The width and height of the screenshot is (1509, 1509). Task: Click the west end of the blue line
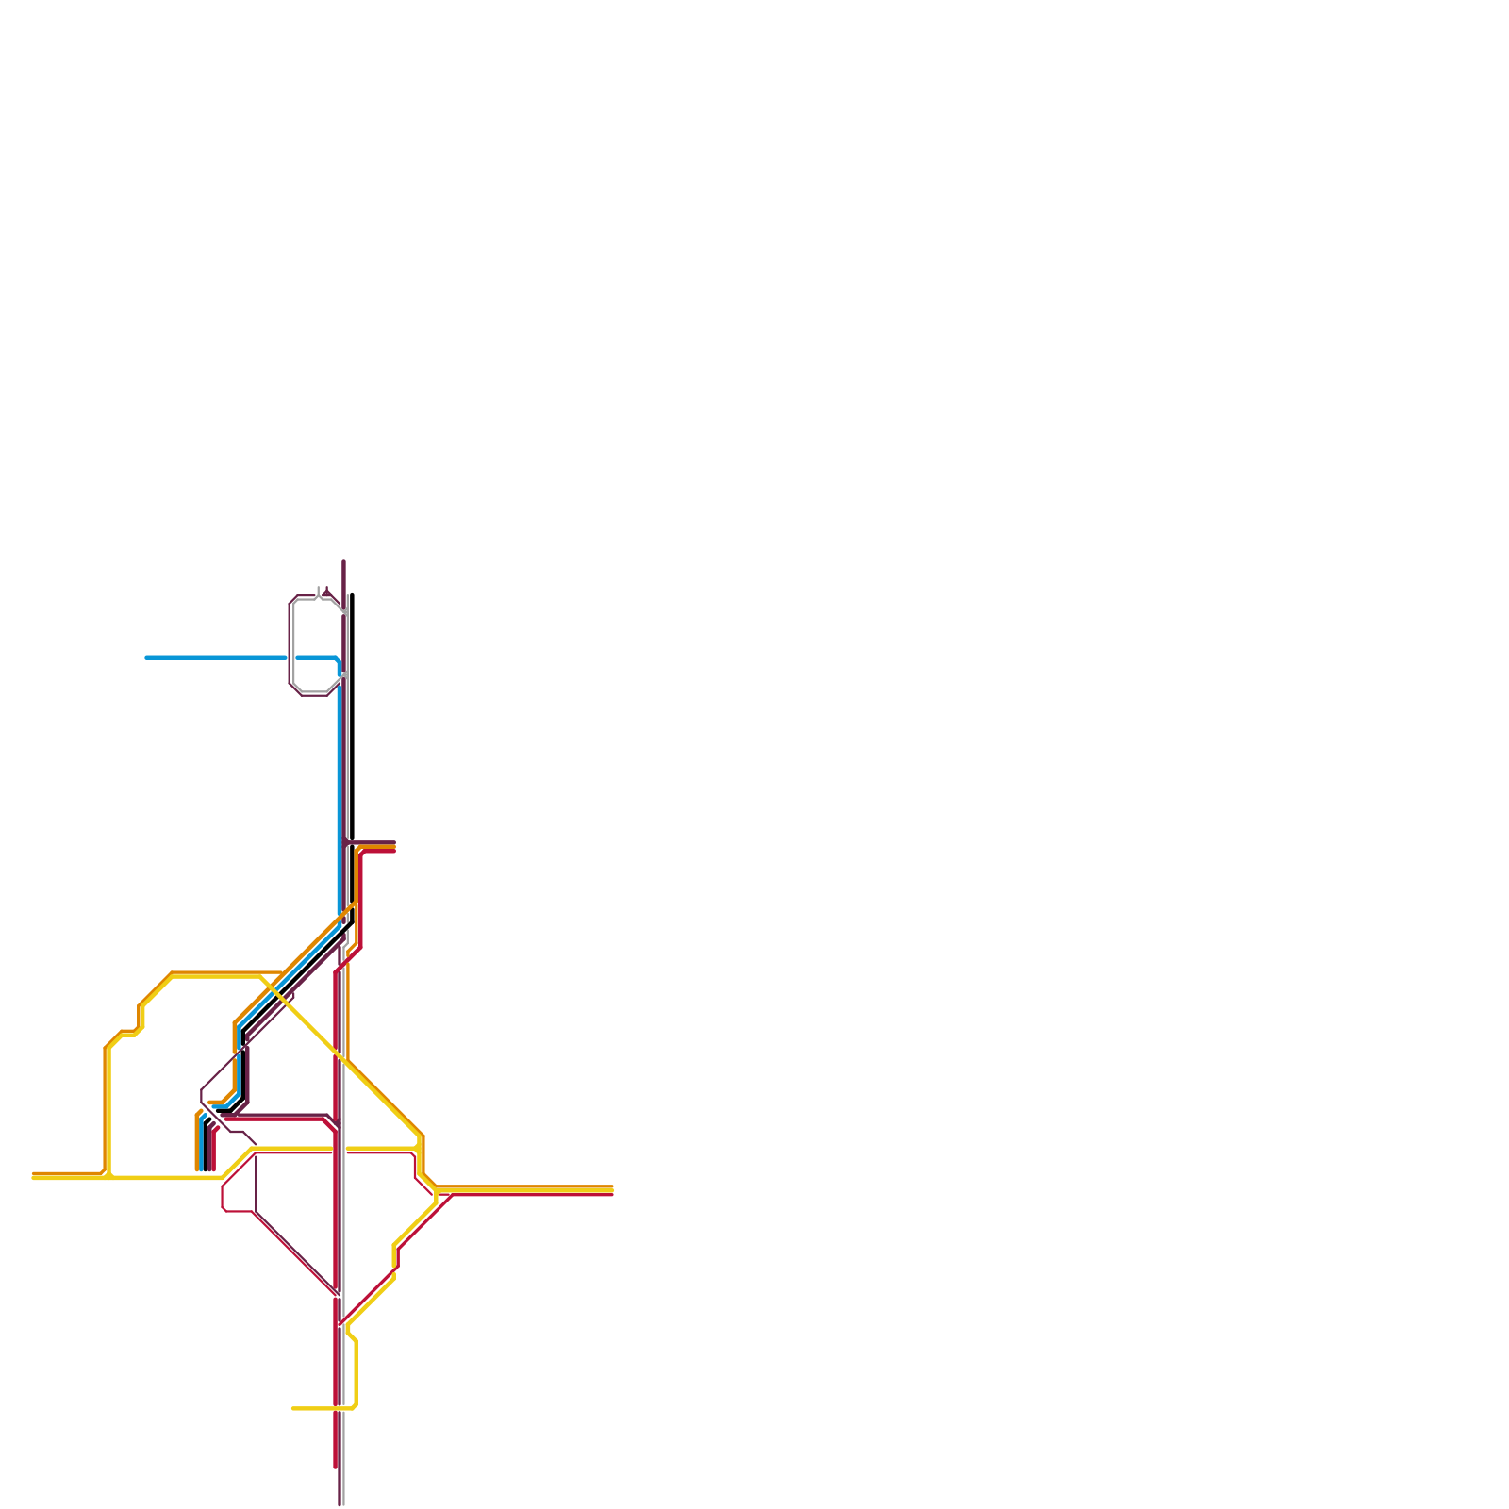pos(146,657)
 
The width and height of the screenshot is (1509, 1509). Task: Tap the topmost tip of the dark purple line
pos(343,562)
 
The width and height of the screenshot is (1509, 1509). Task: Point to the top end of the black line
pos(352,595)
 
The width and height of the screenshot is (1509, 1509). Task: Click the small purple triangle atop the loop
pos(326,592)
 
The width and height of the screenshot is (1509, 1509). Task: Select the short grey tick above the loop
pos(319,591)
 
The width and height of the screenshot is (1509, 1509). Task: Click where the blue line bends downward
pos(338,660)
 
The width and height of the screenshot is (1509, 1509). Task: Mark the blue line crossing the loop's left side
pos(290,657)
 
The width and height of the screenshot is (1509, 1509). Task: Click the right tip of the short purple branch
pos(394,842)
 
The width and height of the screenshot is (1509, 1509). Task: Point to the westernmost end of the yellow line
pos(34,1178)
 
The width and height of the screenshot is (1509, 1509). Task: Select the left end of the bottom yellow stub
pos(293,1408)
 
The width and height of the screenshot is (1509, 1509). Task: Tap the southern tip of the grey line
pos(343,1504)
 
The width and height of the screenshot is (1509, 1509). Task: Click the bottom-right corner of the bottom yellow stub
pos(355,1406)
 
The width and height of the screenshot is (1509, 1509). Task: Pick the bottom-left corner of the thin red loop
pos(224,1208)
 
